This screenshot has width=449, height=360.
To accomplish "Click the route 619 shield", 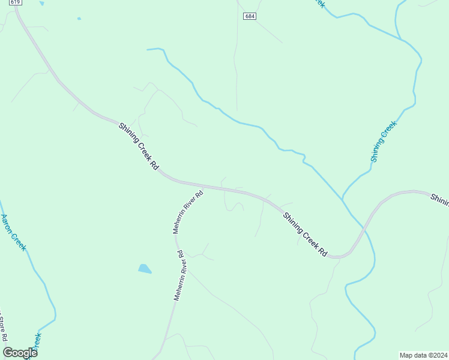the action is [16, 2].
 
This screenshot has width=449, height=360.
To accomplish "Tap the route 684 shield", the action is [250, 16].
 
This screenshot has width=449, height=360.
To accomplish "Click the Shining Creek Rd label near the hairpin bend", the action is [306, 235].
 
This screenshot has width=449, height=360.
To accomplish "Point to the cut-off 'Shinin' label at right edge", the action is [439, 199].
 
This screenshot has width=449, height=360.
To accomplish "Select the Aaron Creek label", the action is [13, 232].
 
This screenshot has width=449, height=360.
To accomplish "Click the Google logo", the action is [20, 353].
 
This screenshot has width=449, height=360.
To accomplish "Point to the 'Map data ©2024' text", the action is [423, 355].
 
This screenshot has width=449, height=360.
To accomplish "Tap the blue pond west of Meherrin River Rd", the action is [145, 269].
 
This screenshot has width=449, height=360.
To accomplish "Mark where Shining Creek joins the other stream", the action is [342, 199].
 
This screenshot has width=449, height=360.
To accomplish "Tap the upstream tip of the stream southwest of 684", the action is [148, 49].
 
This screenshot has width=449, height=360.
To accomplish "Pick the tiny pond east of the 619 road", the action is [79, 19].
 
